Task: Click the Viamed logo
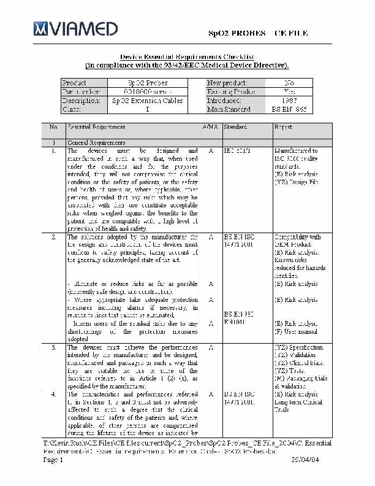click(75, 28)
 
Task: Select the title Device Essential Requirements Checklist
click(187, 56)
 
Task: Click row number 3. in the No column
click(54, 347)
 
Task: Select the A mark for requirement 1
click(211, 150)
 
